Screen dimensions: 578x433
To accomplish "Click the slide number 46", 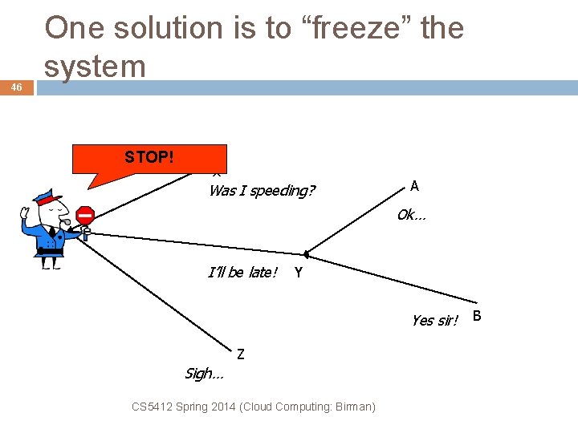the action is pyautogui.click(x=16, y=87).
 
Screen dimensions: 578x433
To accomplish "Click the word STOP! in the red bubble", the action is pyautogui.click(x=149, y=157).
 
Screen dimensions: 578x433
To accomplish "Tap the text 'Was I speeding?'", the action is pyautogui.click(x=262, y=191).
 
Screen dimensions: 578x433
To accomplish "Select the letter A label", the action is pyautogui.click(x=414, y=186).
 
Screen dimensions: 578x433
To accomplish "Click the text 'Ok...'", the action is pyautogui.click(x=412, y=215).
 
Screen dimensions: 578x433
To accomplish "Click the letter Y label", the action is pyautogui.click(x=299, y=273).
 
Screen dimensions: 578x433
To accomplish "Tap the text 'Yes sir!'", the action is pyautogui.click(x=434, y=321).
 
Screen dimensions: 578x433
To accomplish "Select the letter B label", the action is pyautogui.click(x=477, y=316).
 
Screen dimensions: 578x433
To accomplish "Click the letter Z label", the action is pyautogui.click(x=241, y=353).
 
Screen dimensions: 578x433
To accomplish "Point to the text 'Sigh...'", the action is pyautogui.click(x=204, y=374).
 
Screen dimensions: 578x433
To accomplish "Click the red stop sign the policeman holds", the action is pyautogui.click(x=85, y=216).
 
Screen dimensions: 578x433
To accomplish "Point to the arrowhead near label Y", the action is pyautogui.click(x=307, y=255).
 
